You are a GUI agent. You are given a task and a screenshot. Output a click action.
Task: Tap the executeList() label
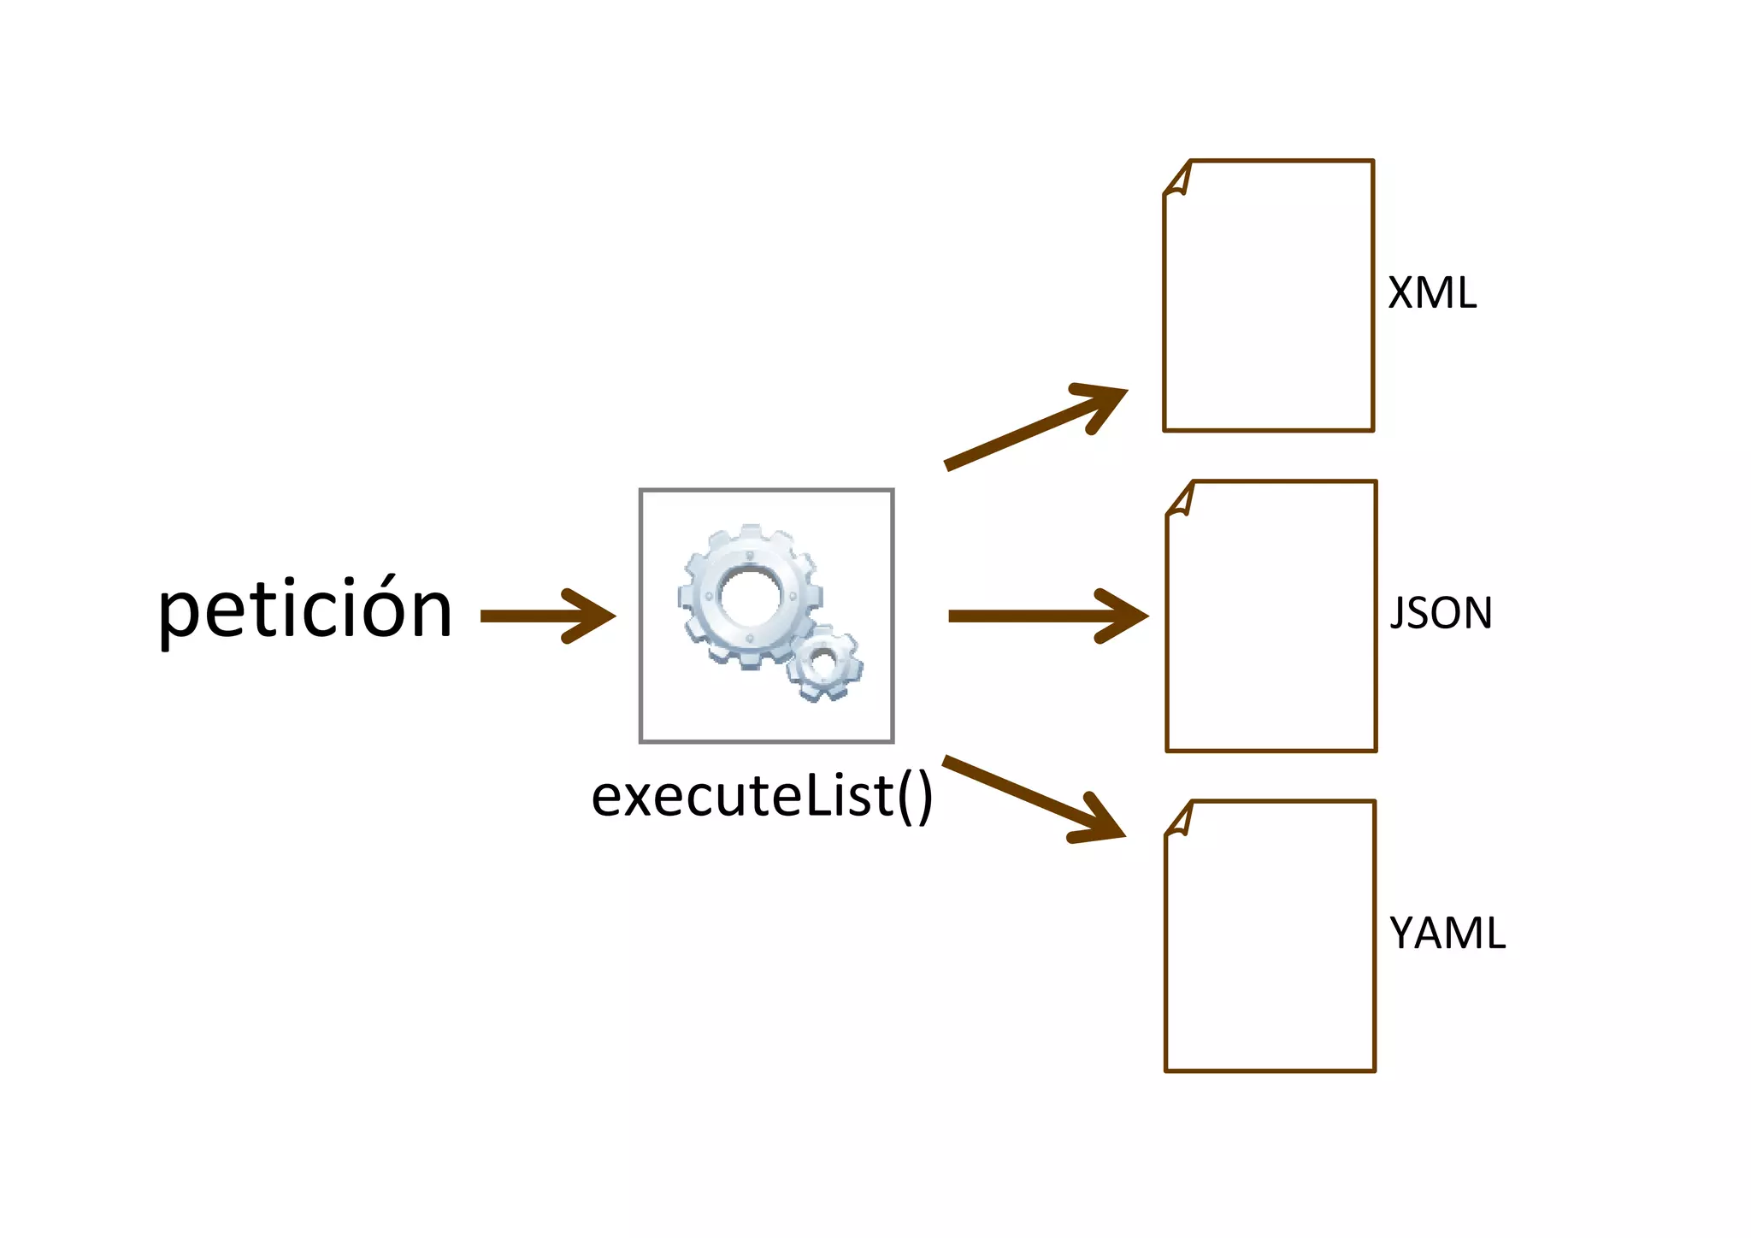tap(761, 796)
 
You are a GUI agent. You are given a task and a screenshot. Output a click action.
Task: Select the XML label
tap(1432, 293)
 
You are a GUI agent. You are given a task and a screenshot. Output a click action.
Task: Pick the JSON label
tap(1441, 613)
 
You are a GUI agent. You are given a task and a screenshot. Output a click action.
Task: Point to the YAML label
tap(1447, 933)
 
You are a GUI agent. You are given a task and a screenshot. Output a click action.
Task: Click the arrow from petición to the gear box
tap(547, 616)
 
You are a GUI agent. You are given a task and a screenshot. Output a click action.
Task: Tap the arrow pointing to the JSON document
tap(1047, 616)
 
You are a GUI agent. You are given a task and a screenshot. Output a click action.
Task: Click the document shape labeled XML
tap(1269, 295)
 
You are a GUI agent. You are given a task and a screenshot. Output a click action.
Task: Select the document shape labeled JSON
tap(1271, 616)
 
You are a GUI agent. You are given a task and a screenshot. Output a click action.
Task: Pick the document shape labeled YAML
tap(1271, 936)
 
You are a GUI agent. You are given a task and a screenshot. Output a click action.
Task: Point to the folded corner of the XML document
tap(1178, 180)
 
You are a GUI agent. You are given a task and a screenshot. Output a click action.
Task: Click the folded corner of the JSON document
tap(1181, 500)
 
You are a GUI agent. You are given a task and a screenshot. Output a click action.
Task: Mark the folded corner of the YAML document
tap(1180, 821)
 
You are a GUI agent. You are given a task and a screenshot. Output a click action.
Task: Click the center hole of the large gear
tap(750, 595)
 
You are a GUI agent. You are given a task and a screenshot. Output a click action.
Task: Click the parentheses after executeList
tap(915, 797)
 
